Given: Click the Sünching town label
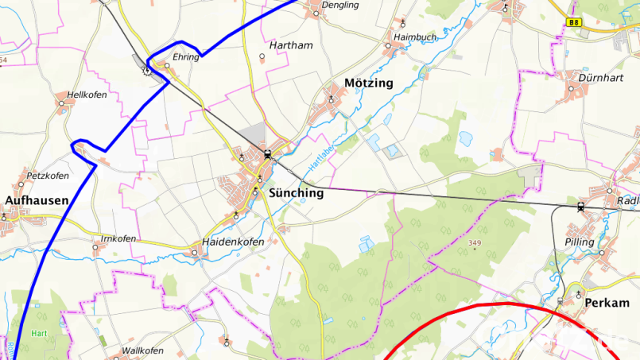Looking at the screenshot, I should pyautogui.click(x=297, y=192).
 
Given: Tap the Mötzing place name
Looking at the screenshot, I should pyautogui.click(x=368, y=83).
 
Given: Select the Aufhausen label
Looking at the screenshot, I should pyautogui.click(x=37, y=200).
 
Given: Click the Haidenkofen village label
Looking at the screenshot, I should pyautogui.click(x=233, y=242).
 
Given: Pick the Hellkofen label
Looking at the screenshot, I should pyautogui.click(x=87, y=95).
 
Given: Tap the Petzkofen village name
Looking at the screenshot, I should pyautogui.click(x=48, y=176).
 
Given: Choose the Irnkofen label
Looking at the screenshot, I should pyautogui.click(x=118, y=238).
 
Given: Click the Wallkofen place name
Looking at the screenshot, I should pyautogui.click(x=142, y=350).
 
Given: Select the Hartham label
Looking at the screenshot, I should pyautogui.click(x=291, y=46).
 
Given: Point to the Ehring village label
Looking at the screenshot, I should pyautogui.click(x=185, y=57).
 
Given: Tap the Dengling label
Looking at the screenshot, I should pyautogui.click(x=340, y=5).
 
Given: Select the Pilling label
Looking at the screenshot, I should pyautogui.click(x=579, y=242).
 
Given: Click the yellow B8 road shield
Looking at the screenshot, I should pyautogui.click(x=574, y=23).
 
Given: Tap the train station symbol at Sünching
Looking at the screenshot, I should pyautogui.click(x=268, y=155).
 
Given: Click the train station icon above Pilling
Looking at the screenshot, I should pyautogui.click(x=581, y=207).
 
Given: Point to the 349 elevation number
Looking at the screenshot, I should pyautogui.click(x=475, y=242).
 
